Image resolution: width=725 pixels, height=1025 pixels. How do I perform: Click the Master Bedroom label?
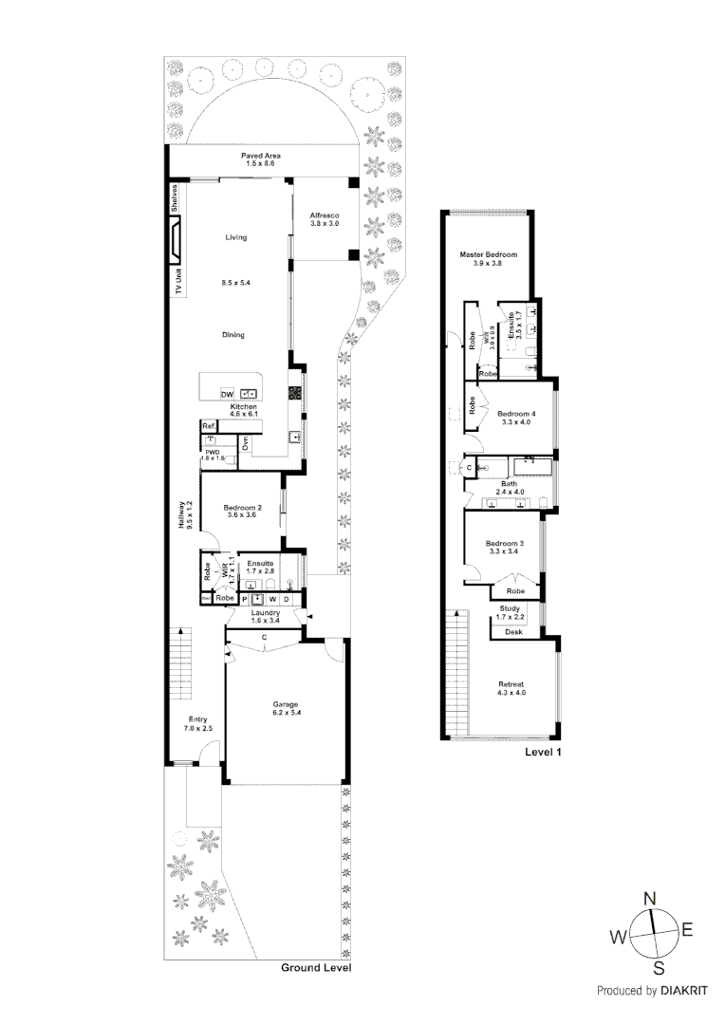[488, 254]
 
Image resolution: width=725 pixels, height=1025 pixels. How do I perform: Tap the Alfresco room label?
[325, 215]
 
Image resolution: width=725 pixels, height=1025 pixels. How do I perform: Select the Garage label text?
[286, 703]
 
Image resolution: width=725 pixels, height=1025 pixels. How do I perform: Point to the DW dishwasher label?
[227, 394]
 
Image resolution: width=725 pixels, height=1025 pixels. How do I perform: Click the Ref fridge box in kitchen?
[208, 427]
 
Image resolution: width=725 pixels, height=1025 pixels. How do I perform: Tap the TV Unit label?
[177, 282]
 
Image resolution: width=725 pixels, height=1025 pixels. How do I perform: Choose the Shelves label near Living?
[176, 198]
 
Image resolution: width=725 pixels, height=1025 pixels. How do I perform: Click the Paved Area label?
[260, 156]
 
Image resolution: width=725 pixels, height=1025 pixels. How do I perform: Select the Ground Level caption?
[316, 968]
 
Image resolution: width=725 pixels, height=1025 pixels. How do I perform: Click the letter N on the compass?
[650, 899]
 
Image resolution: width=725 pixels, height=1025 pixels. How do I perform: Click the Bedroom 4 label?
[517, 414]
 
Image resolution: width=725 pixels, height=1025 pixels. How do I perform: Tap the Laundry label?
[266, 613]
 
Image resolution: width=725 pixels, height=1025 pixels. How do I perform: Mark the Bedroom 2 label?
[243, 508]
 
